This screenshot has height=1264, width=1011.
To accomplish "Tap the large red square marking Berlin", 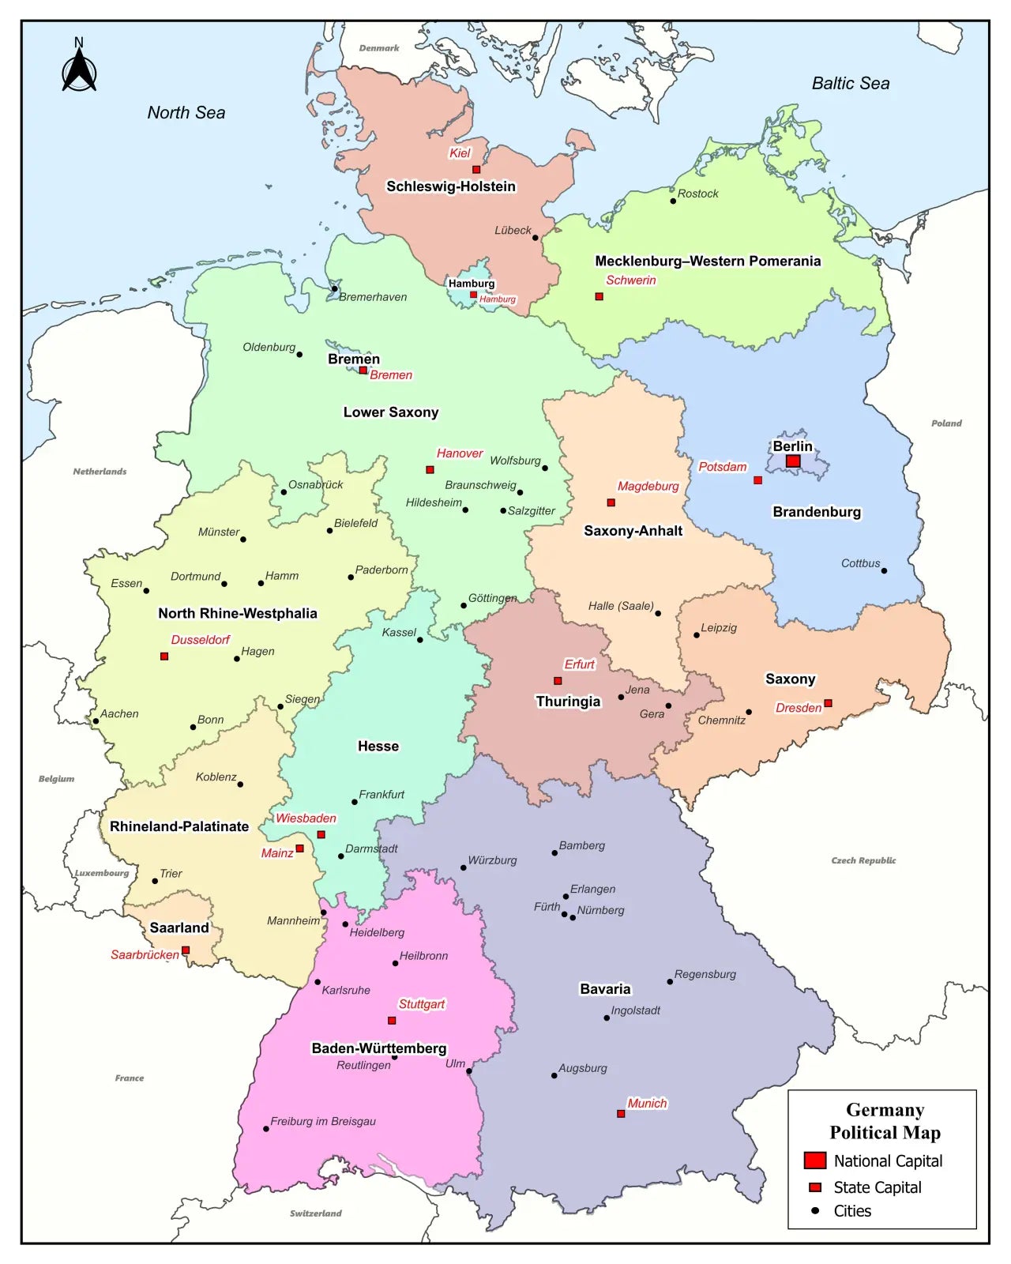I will click(793, 461).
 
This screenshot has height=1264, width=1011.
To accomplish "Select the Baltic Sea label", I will click(850, 83).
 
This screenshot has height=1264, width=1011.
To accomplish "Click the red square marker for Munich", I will click(621, 1114).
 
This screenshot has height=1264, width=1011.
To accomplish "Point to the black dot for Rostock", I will click(673, 201).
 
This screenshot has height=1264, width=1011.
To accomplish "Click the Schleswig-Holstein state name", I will click(450, 186).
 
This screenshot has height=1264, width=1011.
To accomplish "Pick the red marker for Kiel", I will click(476, 169).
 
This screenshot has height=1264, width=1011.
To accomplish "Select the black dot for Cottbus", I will click(884, 570).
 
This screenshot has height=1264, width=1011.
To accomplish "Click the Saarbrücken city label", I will click(145, 954).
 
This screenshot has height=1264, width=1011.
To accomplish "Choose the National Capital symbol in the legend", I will click(814, 1161).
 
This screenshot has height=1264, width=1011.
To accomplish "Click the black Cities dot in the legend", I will click(815, 1210).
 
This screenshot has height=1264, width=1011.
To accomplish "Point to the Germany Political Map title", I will click(885, 1121).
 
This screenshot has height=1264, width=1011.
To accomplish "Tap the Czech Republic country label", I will click(863, 860).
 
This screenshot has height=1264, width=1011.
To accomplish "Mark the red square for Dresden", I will click(828, 703).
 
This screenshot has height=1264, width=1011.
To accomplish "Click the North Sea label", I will click(186, 113).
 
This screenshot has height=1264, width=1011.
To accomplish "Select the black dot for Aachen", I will click(96, 720).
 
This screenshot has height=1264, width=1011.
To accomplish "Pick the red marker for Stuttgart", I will click(392, 1021).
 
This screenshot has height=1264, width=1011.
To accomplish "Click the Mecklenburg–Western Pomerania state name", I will click(707, 261).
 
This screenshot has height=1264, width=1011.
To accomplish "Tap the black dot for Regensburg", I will click(670, 982).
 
